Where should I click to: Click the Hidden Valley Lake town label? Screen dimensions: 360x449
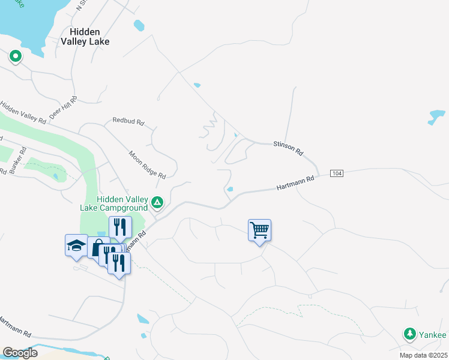tap(88, 37)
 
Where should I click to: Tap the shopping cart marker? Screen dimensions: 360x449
tap(259, 230)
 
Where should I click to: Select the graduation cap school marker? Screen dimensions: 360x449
tap(76, 245)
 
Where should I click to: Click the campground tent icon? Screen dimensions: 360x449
tap(157, 203)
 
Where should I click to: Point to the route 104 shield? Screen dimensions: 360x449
tap(337, 173)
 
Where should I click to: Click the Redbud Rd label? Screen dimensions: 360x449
tap(128, 121)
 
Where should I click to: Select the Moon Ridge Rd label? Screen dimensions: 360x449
tap(147, 164)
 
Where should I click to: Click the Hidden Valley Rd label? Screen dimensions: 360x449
tap(23, 112)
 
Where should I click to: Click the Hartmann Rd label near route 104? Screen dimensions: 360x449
tap(295, 184)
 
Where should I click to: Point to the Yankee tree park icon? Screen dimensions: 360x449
tap(410, 334)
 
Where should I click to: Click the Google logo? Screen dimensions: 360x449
tap(20, 353)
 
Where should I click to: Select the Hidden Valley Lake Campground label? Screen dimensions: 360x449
tap(122, 203)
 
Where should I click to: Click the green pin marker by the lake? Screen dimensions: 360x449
tap(15, 56)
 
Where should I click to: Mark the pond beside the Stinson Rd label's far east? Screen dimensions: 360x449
tap(436, 116)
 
